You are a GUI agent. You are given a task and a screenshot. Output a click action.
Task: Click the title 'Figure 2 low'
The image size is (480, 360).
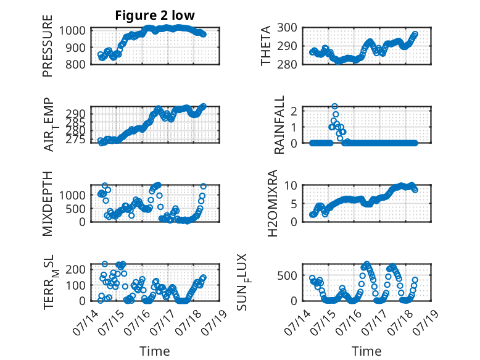(x=155, y=15)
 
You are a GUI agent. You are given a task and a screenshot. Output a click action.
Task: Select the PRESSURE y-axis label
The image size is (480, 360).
(x=48, y=46)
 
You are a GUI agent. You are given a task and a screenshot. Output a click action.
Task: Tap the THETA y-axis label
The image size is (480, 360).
(x=266, y=46)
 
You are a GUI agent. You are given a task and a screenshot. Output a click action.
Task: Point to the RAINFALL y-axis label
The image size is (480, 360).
(x=279, y=125)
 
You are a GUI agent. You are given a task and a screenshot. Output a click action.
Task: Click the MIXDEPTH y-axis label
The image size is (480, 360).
(x=48, y=204)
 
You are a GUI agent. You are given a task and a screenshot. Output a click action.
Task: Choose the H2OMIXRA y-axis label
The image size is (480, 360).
(x=273, y=203)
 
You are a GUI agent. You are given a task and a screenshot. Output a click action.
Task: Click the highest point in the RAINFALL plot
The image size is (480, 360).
(x=334, y=106)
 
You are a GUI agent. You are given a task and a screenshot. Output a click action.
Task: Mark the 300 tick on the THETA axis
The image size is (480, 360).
(x=287, y=28)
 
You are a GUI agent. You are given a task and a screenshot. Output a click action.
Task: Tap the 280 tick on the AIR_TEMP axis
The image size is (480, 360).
(x=76, y=130)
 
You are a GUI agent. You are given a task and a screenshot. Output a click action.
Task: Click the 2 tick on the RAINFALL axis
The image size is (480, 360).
(x=294, y=111)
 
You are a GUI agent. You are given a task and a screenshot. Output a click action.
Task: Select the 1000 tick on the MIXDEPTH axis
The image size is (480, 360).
(x=72, y=195)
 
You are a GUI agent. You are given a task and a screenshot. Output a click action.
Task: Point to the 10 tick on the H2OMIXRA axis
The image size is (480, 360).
(x=290, y=185)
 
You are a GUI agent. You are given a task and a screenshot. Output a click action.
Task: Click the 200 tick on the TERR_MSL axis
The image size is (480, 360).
(x=76, y=269)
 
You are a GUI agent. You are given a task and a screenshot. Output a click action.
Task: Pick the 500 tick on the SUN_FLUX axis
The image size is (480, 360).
(x=287, y=276)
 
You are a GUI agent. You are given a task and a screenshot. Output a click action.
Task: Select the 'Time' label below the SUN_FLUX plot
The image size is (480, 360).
(x=366, y=351)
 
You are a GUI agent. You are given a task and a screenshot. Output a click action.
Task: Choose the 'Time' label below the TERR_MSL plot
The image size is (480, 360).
(x=155, y=351)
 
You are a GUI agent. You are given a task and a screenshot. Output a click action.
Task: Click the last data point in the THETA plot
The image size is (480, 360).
(x=415, y=34)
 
